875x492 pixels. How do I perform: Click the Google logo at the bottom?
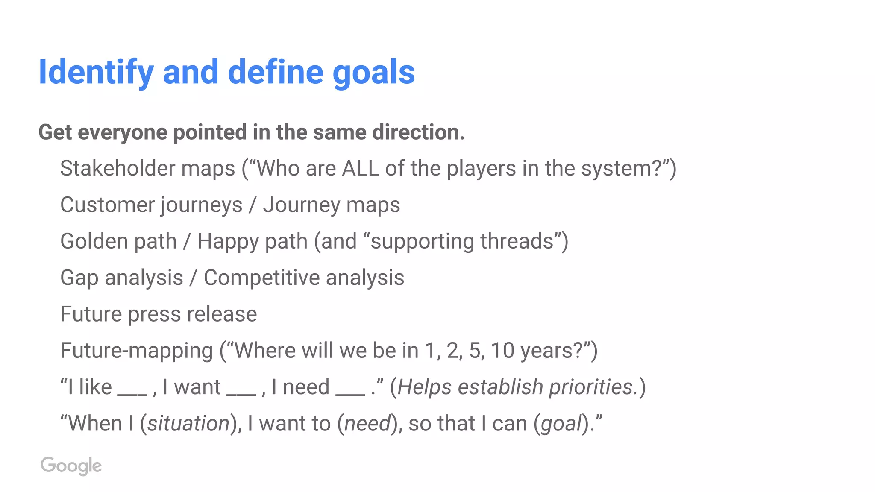pyautogui.click(x=71, y=466)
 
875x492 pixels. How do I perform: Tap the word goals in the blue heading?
pyautogui.click(x=373, y=72)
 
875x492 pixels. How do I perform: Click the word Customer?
pyautogui.click(x=109, y=205)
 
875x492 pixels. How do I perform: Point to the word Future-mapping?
pyautogui.click(x=136, y=351)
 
